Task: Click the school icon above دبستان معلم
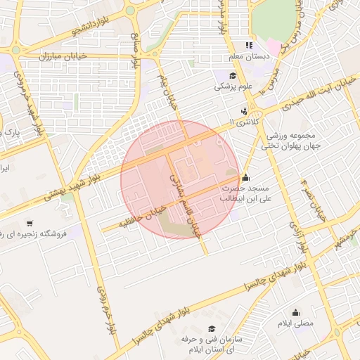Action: click(248, 45)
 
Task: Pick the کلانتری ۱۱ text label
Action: click(245, 122)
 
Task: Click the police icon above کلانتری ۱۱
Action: click(244, 110)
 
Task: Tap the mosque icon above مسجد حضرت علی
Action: click(245, 177)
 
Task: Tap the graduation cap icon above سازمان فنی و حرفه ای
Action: click(212, 329)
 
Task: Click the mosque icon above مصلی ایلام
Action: click(295, 312)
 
